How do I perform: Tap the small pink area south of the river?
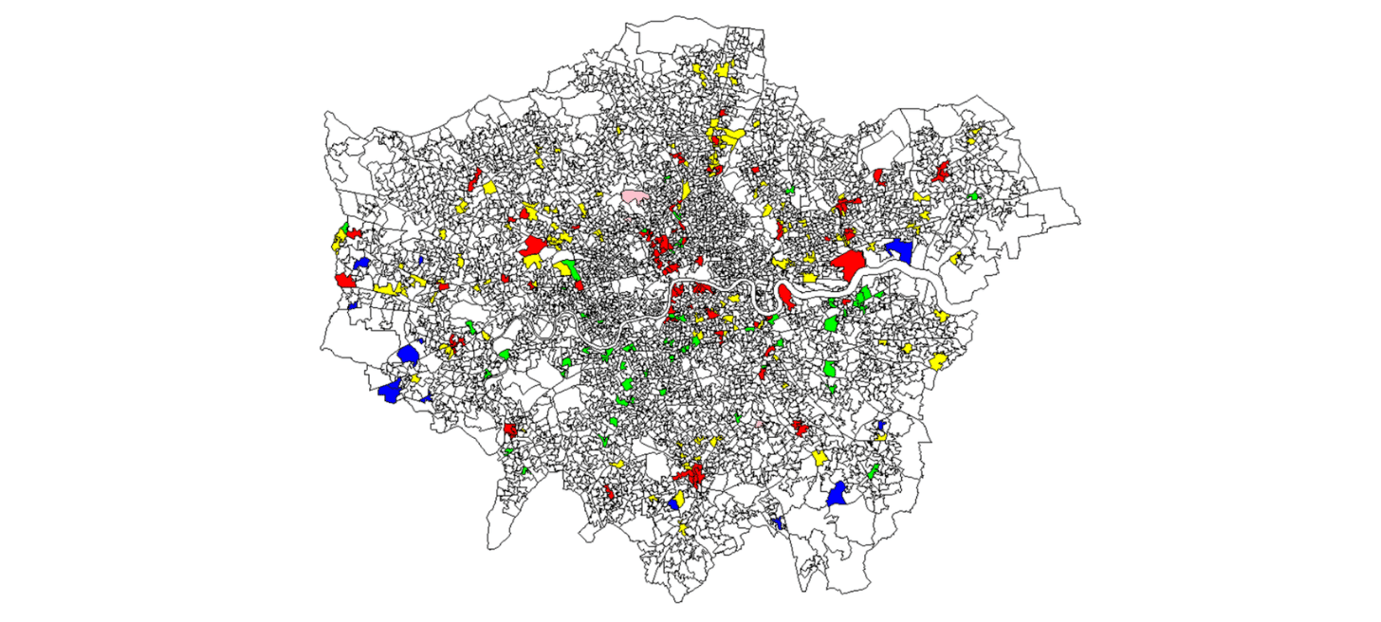pyautogui.click(x=761, y=424)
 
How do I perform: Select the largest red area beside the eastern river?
pyautogui.click(x=848, y=261)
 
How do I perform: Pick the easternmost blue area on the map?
pyautogui.click(x=899, y=250)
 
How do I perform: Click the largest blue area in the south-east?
pyautogui.click(x=837, y=494)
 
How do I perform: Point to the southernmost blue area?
pyautogui.click(x=779, y=522)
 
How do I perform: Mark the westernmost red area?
pyautogui.click(x=344, y=281)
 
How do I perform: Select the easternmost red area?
pyautogui.click(x=942, y=172)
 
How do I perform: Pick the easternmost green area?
pyautogui.click(x=974, y=195)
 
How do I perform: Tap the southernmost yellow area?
pyautogui.click(x=682, y=528)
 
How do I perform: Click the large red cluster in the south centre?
pyautogui.click(x=690, y=472)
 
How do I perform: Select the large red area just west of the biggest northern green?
pyautogui.click(x=534, y=249)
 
